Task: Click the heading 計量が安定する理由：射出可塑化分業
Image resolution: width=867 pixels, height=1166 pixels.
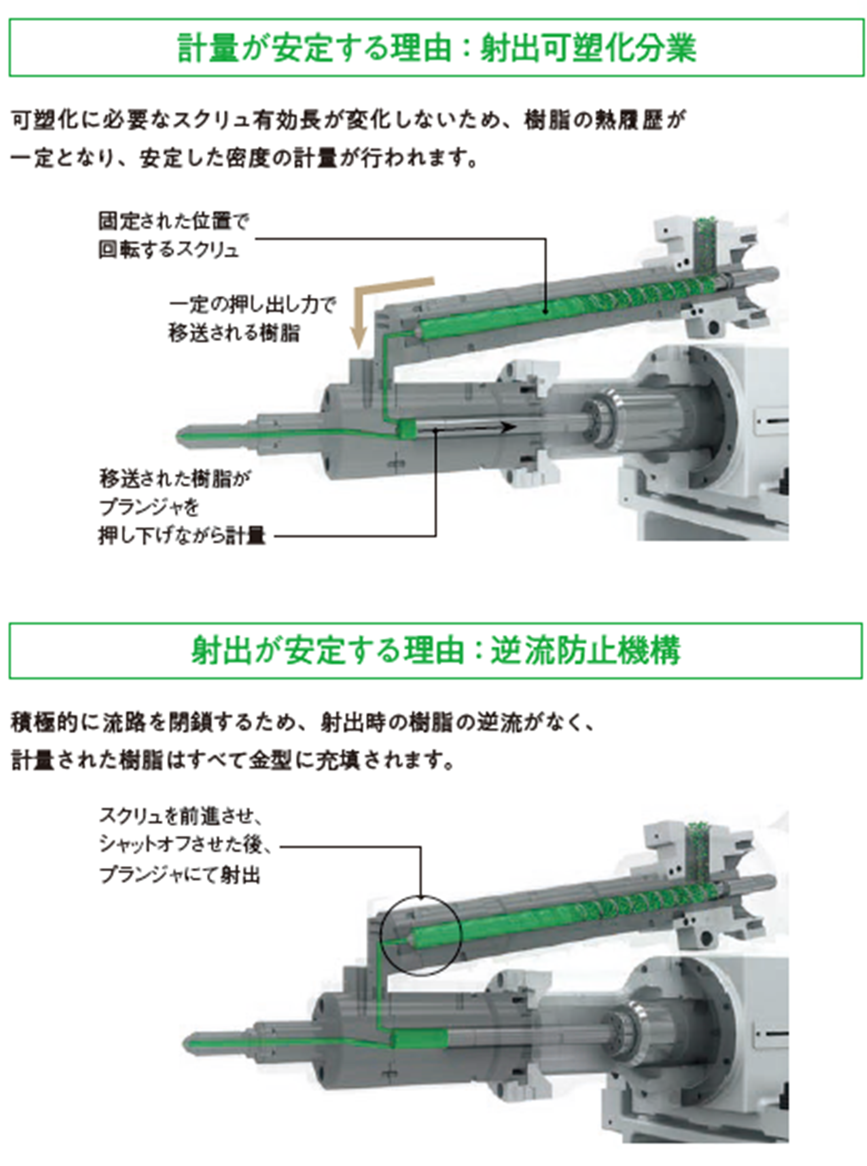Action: point(437,48)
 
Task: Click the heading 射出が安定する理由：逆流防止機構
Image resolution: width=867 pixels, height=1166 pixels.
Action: point(437,650)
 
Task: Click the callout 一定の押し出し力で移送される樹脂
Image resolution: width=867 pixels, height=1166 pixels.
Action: point(252,319)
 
